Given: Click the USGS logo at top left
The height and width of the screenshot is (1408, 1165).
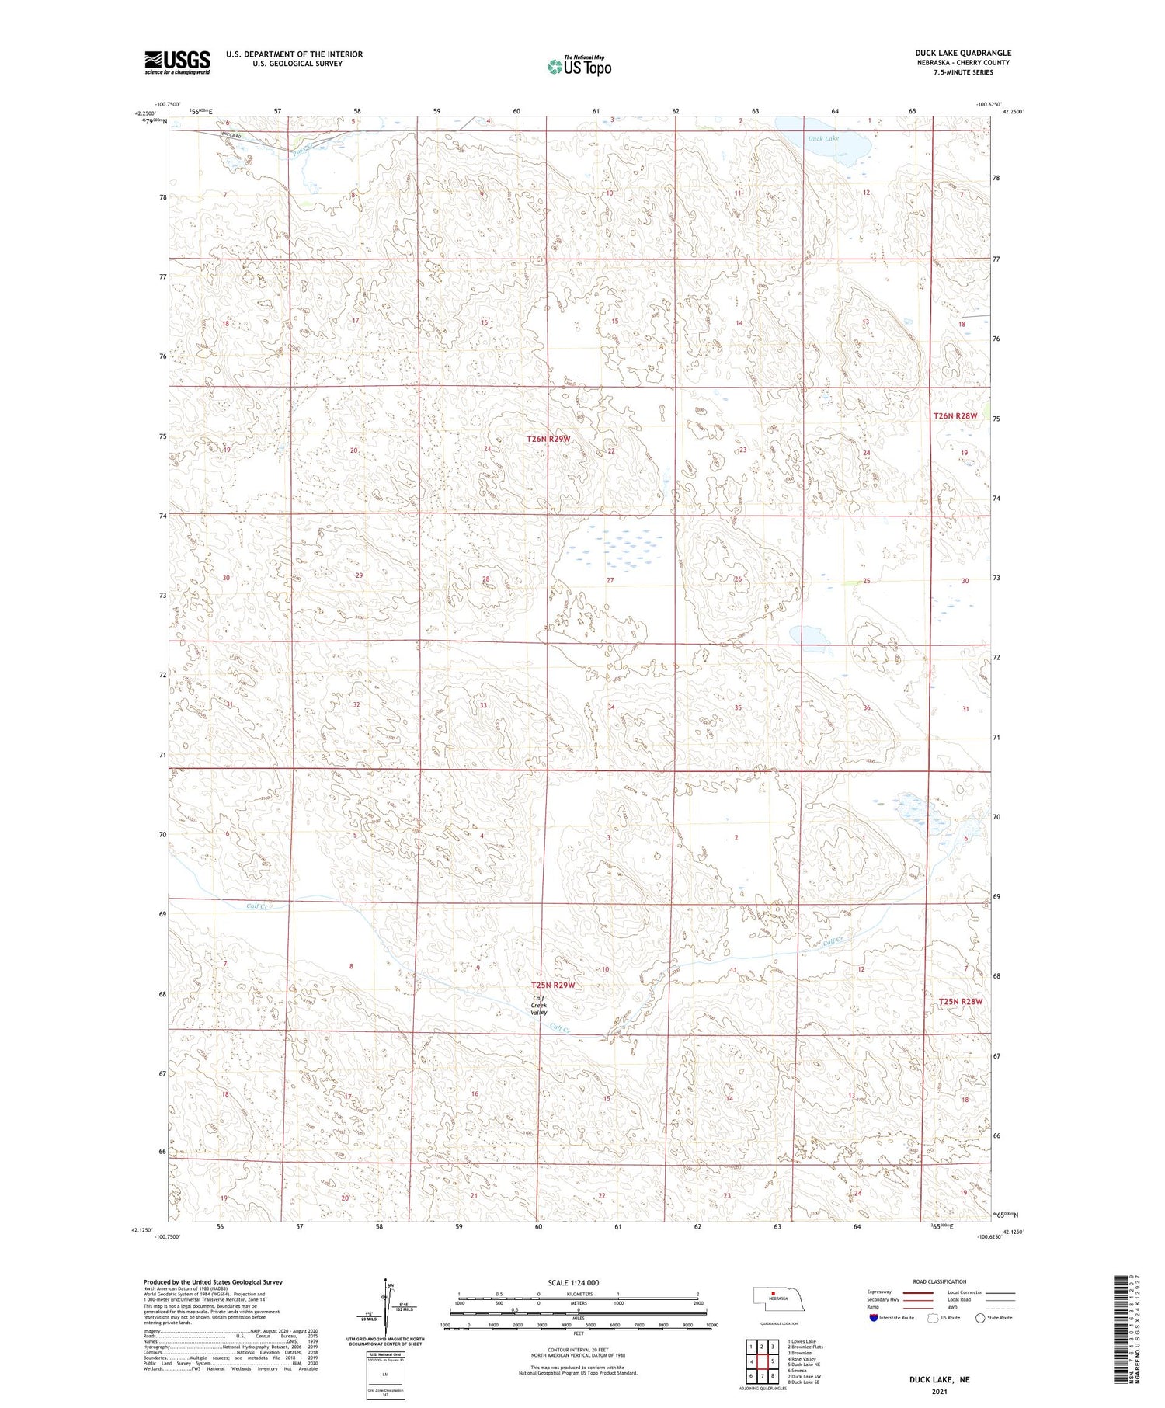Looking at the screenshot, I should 177,62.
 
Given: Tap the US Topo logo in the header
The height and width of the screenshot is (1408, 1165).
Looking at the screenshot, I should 579,67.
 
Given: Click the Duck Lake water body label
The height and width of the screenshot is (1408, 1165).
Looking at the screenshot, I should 822,139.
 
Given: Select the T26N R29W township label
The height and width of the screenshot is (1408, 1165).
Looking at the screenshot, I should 548,439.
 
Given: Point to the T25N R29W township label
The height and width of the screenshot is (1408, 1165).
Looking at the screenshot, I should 553,985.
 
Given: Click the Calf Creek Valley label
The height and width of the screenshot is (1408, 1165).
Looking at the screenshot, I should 539,1005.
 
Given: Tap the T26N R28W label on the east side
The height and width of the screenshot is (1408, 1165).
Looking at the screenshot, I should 955,415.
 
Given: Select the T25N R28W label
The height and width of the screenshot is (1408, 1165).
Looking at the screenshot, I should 960,1001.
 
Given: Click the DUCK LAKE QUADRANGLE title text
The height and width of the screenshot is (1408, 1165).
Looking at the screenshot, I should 962,53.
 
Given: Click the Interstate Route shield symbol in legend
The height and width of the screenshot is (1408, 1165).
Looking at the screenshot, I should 874,1318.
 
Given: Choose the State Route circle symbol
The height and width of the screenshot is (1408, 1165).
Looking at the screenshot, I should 981,1318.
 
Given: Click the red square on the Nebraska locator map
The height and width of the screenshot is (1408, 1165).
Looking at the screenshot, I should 774,1293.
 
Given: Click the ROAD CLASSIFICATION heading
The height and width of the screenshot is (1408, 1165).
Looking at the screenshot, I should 940,1281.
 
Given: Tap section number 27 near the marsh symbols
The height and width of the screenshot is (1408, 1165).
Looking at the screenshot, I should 610,580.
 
